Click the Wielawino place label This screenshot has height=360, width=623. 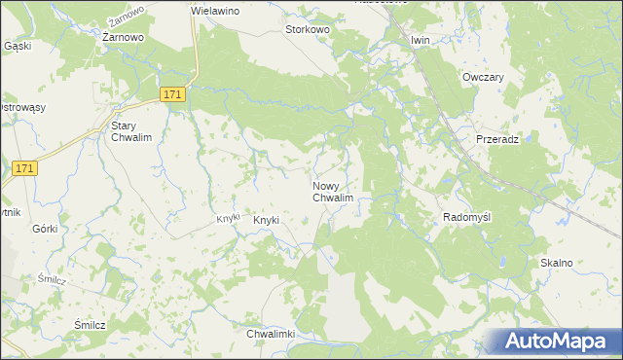[215, 9]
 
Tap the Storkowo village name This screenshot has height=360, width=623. [308, 30]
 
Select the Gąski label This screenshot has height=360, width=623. [18, 46]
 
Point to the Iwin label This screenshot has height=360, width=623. [421, 40]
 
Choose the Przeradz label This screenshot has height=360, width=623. [496, 139]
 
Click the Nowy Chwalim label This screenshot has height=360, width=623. [332, 192]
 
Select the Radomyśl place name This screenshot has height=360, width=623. [467, 217]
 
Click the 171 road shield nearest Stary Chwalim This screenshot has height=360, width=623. [172, 93]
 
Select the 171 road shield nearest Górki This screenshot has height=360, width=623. [26, 169]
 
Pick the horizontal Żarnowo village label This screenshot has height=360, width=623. [124, 36]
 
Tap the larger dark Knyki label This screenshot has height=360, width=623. [266, 220]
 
